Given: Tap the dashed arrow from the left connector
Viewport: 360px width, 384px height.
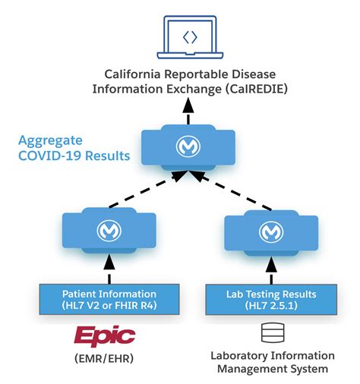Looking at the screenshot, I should pyautogui.click(x=144, y=191).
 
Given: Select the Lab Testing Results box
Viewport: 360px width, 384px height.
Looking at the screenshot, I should pyautogui.click(x=267, y=299).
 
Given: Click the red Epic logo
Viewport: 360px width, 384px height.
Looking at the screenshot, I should pyautogui.click(x=105, y=335).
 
